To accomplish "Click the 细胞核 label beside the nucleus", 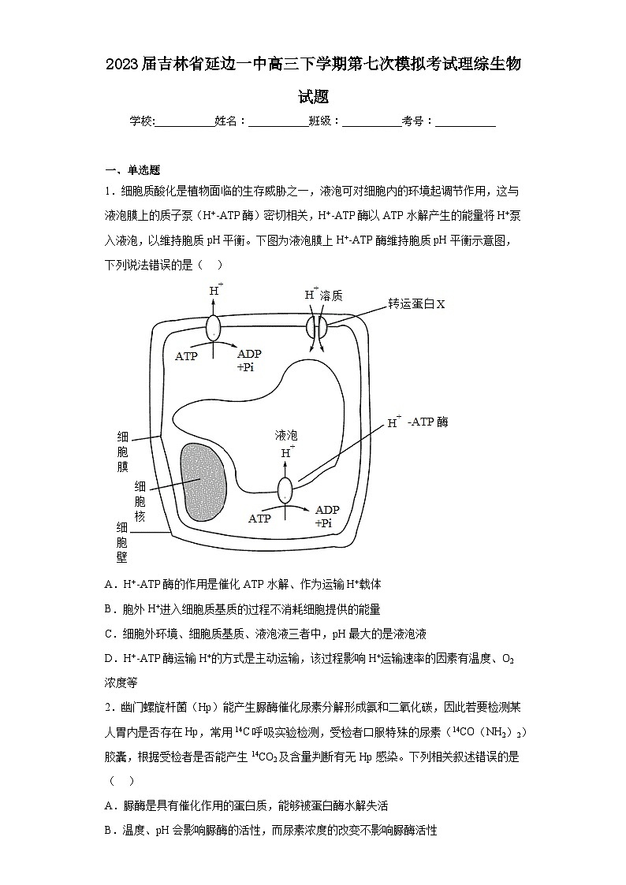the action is click(140, 501).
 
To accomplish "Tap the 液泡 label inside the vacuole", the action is click(286, 435).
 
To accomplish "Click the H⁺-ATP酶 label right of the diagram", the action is click(418, 422).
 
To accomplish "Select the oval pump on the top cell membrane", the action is click(214, 326).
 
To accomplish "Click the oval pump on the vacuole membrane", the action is click(285, 489).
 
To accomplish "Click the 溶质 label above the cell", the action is click(332, 295).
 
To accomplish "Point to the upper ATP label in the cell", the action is click(186, 356).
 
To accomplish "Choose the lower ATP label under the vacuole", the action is click(259, 519).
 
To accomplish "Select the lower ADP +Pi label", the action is click(326, 516).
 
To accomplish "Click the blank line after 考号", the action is click(465, 121).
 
